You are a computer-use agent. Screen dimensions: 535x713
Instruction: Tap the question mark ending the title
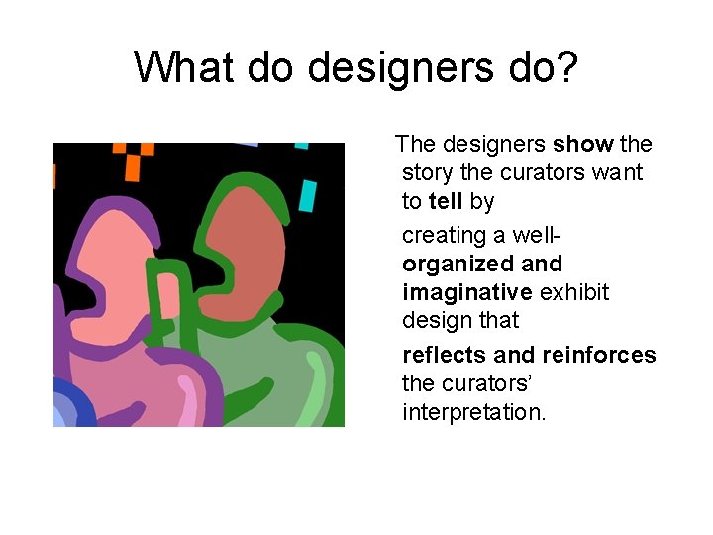point(567,67)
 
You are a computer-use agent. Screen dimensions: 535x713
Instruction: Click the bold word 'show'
point(582,144)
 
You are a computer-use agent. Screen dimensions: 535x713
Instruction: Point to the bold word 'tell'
point(446,201)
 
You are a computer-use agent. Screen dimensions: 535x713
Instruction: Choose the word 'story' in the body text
point(428,172)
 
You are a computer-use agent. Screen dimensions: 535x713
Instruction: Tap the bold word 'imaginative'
point(467,292)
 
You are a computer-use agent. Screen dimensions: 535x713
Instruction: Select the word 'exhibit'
point(574,292)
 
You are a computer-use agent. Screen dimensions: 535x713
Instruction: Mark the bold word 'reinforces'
point(598,355)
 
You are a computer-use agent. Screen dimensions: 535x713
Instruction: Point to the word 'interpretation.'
point(473,411)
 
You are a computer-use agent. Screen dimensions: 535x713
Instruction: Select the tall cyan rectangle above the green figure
point(308,195)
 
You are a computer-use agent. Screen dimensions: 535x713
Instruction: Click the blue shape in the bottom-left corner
point(70,407)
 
